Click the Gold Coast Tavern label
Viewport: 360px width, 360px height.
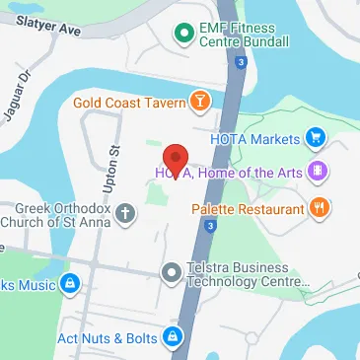(128, 102)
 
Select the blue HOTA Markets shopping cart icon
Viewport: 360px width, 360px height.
(316, 138)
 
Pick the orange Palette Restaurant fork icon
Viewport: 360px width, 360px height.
(319, 208)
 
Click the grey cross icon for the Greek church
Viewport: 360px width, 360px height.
(125, 212)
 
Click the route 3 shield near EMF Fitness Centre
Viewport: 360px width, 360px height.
(240, 62)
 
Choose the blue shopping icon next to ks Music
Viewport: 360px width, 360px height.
(68, 285)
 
